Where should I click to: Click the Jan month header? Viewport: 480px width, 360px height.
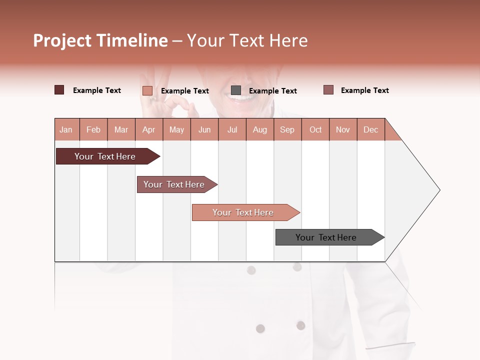click(x=66, y=129)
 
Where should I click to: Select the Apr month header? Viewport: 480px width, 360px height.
click(x=149, y=129)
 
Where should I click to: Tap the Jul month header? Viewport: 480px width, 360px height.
click(x=232, y=129)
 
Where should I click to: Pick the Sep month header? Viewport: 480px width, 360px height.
click(x=287, y=129)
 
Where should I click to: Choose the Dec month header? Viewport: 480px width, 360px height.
click(x=370, y=129)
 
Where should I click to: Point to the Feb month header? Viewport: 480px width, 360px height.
click(x=93, y=129)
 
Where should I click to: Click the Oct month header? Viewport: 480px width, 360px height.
click(x=315, y=129)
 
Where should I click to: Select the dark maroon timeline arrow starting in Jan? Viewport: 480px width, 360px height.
click(x=105, y=156)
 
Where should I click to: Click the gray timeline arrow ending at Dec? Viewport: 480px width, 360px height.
click(x=326, y=237)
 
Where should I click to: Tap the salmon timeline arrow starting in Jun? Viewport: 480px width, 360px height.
click(x=243, y=212)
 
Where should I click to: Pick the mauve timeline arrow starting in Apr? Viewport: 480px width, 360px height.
click(x=174, y=184)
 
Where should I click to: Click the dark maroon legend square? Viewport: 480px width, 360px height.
click(x=59, y=90)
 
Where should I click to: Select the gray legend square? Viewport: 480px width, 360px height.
click(x=236, y=90)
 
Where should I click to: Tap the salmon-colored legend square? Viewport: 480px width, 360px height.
click(x=147, y=90)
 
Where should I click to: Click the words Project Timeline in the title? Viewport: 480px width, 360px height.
click(x=100, y=40)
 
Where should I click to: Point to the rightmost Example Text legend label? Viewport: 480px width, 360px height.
click(x=364, y=90)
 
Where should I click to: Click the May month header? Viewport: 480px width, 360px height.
click(x=176, y=129)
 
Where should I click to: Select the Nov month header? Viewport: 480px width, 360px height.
click(x=343, y=129)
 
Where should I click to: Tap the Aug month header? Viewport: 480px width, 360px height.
click(x=260, y=129)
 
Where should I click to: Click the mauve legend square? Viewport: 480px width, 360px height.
click(x=328, y=90)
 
